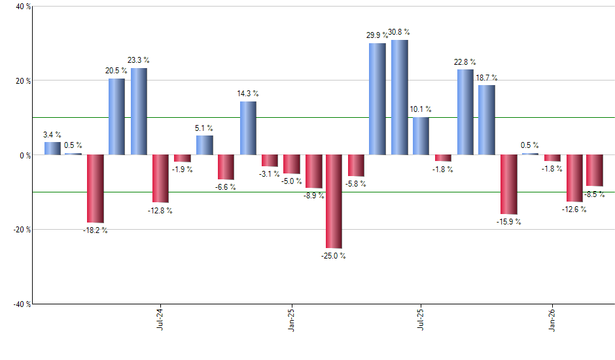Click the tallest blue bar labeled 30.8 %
399,98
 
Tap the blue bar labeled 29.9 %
378,99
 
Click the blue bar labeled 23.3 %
138,112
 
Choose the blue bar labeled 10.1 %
421,136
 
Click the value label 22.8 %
465,62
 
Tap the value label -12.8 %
160,211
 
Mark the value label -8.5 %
595,194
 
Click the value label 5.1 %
204,128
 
